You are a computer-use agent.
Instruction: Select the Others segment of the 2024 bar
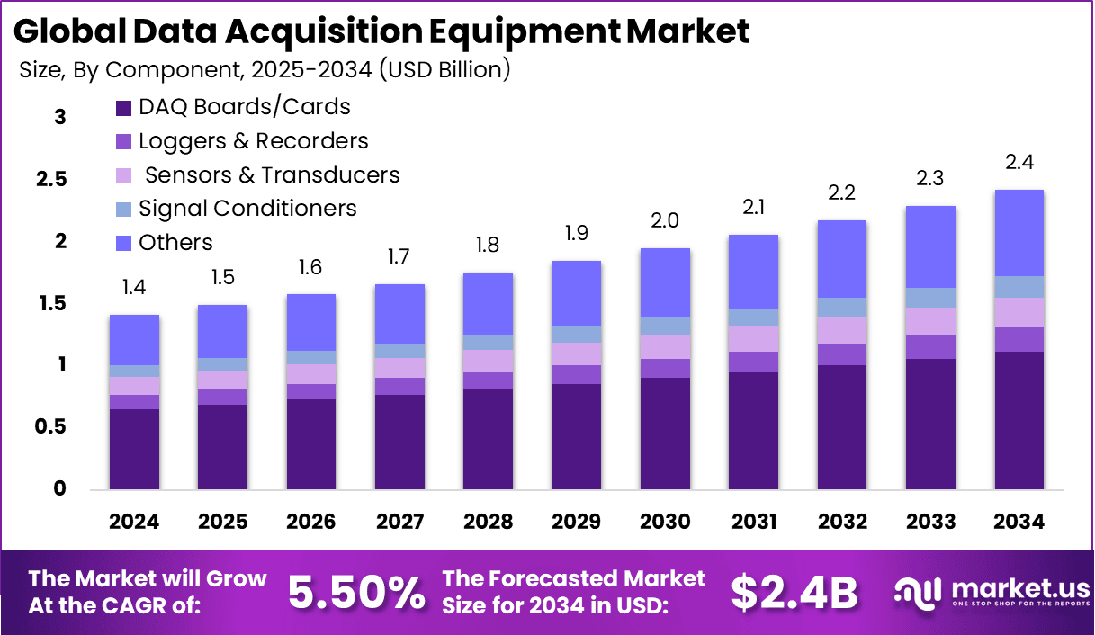point(134,340)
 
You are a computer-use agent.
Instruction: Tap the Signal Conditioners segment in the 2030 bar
point(665,326)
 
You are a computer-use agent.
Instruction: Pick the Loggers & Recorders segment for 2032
point(842,354)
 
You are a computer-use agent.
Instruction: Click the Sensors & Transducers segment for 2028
point(488,361)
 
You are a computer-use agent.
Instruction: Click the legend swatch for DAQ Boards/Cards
point(124,108)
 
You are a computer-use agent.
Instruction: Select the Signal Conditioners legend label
point(247,209)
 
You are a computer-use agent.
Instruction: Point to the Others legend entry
point(175,243)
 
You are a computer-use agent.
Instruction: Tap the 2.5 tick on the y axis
point(50,179)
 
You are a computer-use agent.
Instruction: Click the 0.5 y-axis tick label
point(50,427)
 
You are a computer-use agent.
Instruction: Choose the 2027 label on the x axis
point(399,523)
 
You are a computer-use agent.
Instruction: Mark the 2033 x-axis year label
point(931,523)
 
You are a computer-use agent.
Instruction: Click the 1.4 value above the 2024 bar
point(134,288)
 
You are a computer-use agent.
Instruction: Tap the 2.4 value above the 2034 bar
point(1019,163)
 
